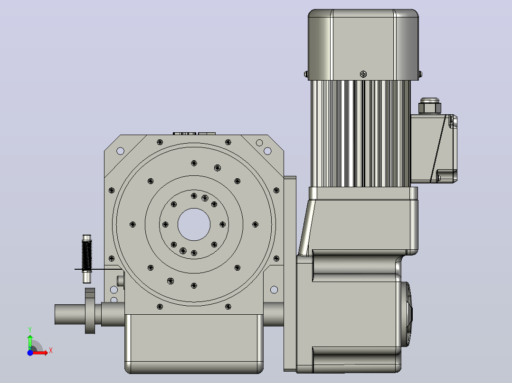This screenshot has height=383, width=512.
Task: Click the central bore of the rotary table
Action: coord(194,224)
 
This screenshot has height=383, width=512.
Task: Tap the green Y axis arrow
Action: coord(30,341)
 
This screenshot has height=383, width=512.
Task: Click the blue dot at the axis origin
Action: coord(30,353)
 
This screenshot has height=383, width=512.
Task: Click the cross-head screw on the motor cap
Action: coord(363,74)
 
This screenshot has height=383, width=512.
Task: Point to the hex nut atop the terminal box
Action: coord(430,106)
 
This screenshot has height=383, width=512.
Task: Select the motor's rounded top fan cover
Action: coord(363,45)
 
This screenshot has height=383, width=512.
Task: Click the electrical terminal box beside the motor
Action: coord(434,149)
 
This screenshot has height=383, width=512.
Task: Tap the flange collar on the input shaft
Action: coord(90,311)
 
